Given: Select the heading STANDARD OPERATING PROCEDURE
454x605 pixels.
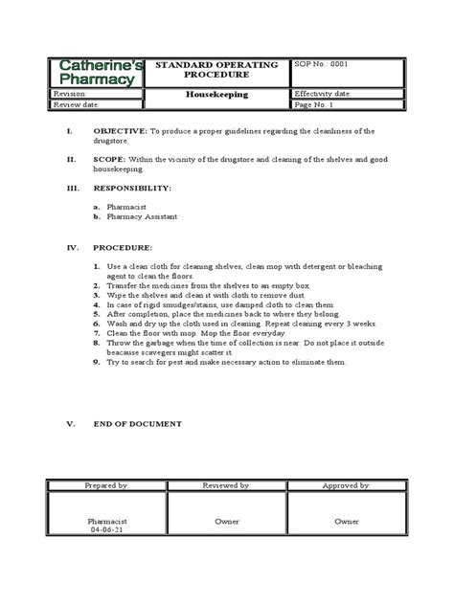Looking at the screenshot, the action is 219,69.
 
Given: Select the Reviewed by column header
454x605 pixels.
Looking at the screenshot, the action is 226,485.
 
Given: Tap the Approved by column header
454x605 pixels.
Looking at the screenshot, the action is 346,485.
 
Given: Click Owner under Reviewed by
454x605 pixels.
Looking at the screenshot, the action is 226,523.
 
